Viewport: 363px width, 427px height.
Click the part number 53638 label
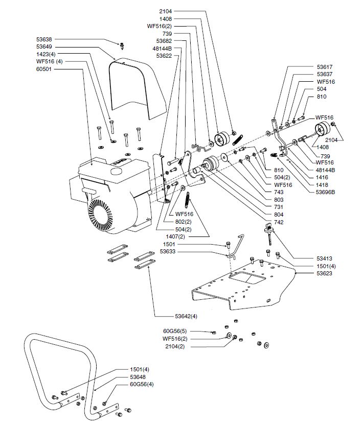[x=44, y=39]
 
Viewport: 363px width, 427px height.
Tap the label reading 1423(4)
[x=47, y=54]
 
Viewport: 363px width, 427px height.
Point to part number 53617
[x=325, y=66]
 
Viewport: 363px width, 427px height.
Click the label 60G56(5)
[x=174, y=331]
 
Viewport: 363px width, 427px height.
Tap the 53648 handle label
[x=140, y=376]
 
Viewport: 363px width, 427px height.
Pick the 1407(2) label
[x=175, y=237]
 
